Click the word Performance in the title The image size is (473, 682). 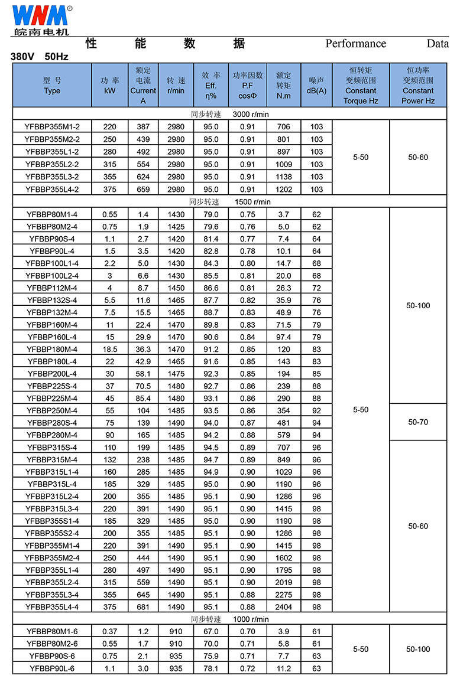point(355,44)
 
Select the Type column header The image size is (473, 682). point(52,86)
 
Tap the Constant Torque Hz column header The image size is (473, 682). point(361,86)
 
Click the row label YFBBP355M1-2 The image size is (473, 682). point(52,127)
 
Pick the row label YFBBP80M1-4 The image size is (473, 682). point(52,214)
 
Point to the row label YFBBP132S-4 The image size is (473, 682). point(52,301)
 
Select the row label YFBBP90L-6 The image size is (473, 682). point(52,668)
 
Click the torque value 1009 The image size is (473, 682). point(284,164)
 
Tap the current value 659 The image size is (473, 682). point(143,189)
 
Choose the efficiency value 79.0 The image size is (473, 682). point(210,214)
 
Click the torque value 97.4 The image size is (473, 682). point(284,337)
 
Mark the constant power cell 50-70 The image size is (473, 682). point(418,422)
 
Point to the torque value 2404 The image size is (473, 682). point(284,607)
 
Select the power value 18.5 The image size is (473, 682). point(109,350)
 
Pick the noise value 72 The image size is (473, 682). point(316,288)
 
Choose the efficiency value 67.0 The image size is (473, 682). point(210,632)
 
